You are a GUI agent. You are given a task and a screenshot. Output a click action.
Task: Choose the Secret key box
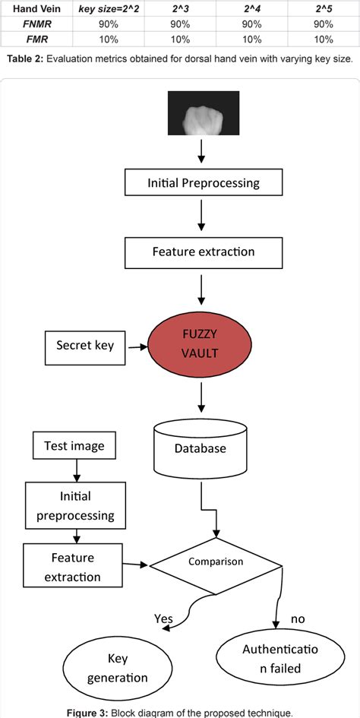coord(85,345)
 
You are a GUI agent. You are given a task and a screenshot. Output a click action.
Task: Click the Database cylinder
coord(201,447)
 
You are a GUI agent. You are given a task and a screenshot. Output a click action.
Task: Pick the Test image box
coord(74,446)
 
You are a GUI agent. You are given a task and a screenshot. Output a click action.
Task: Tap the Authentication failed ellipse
coord(272,659)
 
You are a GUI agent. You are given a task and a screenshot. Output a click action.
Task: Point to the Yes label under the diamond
coord(163,618)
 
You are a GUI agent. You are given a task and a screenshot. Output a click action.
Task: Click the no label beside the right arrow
coord(298,618)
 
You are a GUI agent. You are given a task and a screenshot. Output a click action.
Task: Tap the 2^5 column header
coord(324,8)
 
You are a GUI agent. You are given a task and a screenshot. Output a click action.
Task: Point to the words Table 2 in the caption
coord(22,59)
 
